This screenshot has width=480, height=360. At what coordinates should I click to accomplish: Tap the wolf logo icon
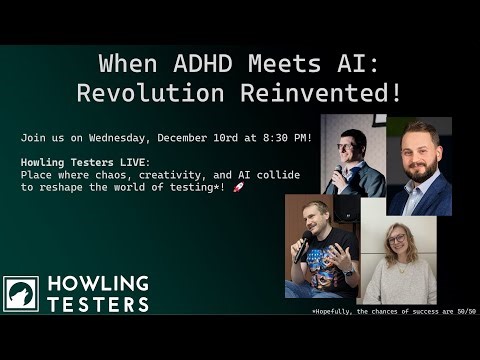click(21, 293)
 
